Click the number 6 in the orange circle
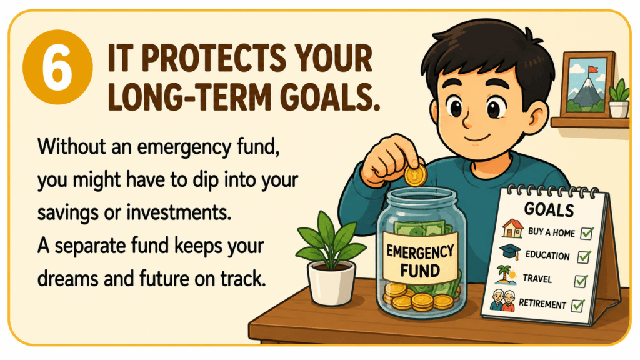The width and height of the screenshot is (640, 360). click(x=57, y=67)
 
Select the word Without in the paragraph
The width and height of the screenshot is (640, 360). click(x=72, y=146)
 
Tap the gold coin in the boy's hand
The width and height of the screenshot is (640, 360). click(x=416, y=176)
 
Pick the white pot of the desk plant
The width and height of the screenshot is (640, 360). click(x=331, y=283)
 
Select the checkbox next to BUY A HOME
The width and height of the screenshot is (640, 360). click(x=587, y=233)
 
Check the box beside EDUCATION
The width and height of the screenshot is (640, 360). click(x=584, y=257)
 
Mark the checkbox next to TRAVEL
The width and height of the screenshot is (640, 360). click(x=581, y=281)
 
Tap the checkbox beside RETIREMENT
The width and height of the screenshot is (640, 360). click(x=577, y=305)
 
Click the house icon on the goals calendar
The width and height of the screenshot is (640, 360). click(x=512, y=229)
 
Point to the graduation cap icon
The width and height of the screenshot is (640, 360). click(x=510, y=252)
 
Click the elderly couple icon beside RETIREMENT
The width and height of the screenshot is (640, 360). click(x=502, y=301)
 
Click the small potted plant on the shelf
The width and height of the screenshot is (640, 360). click(x=619, y=98)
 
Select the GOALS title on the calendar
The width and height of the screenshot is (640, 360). click(x=549, y=209)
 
